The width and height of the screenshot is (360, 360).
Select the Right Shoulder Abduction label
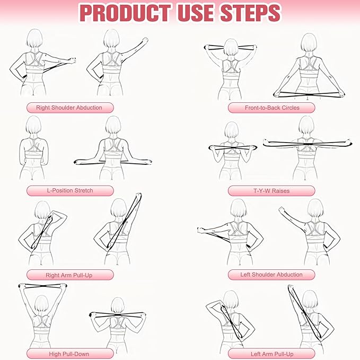pyautogui.click(x=69, y=108)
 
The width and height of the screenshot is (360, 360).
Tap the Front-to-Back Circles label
pyautogui.click(x=271, y=108)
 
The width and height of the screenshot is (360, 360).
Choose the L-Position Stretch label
pyautogui.click(x=69, y=191)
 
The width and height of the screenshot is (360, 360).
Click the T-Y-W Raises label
pyautogui.click(x=271, y=191)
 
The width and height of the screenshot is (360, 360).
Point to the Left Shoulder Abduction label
pyautogui.click(x=271, y=275)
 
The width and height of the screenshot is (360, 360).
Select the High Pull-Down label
pyautogui.click(x=69, y=354)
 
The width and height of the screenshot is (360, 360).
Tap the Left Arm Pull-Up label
pyautogui.click(x=271, y=354)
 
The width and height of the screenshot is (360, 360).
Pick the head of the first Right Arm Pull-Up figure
pyautogui.click(x=42, y=210)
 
